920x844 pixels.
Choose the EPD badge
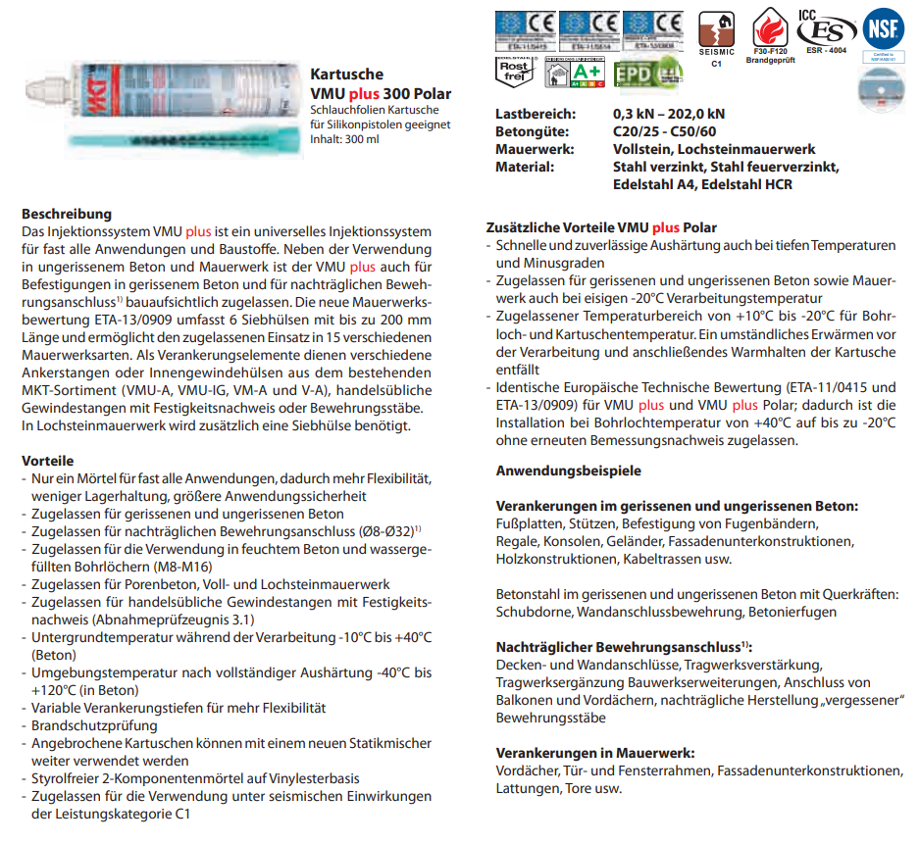click(x=646, y=74)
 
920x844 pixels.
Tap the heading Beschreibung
click(x=67, y=214)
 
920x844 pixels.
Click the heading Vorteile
click(x=48, y=461)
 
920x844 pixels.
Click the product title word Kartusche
click(x=346, y=74)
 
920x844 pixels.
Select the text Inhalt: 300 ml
click(x=344, y=139)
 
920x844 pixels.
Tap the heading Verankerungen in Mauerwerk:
click(x=595, y=753)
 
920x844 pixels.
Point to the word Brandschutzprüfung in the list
click(x=94, y=726)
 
